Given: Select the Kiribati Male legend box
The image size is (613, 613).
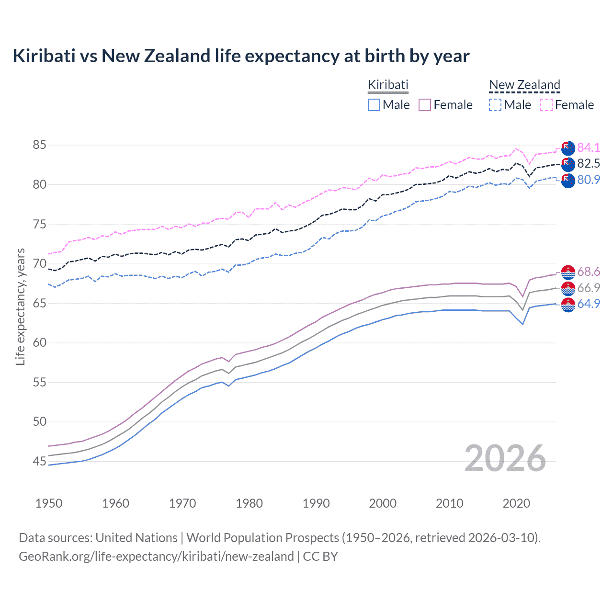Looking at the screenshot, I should pos(374,105).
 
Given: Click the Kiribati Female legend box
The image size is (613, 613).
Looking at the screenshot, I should pos(425,105).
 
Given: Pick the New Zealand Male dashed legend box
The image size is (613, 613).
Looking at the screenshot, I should pos(495,105).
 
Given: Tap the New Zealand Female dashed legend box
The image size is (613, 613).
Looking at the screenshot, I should pos(546,105).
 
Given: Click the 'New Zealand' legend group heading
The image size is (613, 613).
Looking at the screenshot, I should pos(524,85).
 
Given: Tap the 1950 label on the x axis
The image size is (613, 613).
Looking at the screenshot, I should pos(49,503).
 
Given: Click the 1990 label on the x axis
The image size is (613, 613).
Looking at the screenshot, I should pos(316,503).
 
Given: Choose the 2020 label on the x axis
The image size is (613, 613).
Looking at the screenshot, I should pos(516,503).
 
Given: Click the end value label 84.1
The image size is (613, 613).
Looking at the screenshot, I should pos(589,148).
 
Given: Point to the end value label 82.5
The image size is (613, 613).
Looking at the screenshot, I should pos(589,164).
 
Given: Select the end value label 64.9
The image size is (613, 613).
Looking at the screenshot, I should pos(589,304).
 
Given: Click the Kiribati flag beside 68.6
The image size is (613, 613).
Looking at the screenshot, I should pos(568,272).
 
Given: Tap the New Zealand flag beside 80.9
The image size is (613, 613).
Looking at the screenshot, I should pos(568,181).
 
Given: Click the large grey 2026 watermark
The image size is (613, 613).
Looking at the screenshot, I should pos(505,458).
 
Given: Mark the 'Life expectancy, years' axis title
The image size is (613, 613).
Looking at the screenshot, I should pos(20,306).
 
